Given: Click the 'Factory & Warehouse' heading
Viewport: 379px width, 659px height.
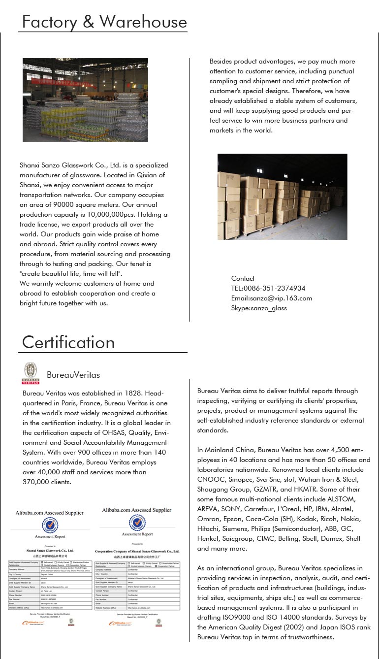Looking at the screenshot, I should click(104, 22).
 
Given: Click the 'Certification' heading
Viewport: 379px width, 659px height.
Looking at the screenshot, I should click(68, 342).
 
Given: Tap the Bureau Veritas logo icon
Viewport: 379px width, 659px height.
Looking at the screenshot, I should click(31, 373).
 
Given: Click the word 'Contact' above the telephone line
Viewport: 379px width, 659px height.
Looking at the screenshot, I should click(243, 278).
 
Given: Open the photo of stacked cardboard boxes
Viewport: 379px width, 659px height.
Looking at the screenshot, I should click(282, 197).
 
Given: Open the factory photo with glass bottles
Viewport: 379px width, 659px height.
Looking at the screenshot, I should click(85, 100).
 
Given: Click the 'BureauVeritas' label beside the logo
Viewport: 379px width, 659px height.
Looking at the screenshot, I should click(73, 375).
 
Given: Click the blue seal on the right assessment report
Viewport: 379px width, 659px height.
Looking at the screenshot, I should click(137, 523).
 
